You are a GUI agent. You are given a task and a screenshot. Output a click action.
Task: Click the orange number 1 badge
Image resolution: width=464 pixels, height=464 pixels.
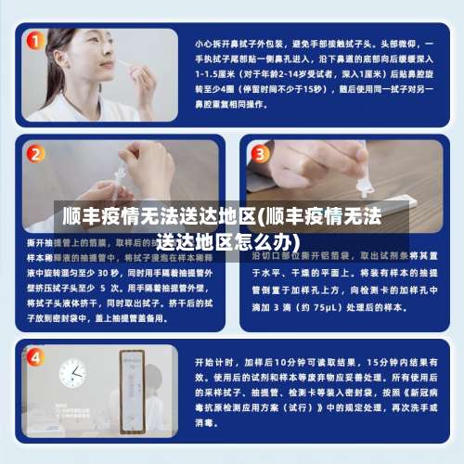pos(35,42)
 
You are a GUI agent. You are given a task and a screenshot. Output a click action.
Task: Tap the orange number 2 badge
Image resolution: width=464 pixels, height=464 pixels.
pos(35,153)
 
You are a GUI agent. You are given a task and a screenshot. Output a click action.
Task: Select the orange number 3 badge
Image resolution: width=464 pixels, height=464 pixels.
pos(261,153)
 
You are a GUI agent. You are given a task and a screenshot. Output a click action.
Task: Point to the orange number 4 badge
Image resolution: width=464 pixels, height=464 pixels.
pos(35,356)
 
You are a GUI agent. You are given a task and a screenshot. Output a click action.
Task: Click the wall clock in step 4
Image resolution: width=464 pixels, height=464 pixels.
pos(71,373)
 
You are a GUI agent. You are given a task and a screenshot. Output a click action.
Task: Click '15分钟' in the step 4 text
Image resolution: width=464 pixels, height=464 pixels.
pos(382,361)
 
